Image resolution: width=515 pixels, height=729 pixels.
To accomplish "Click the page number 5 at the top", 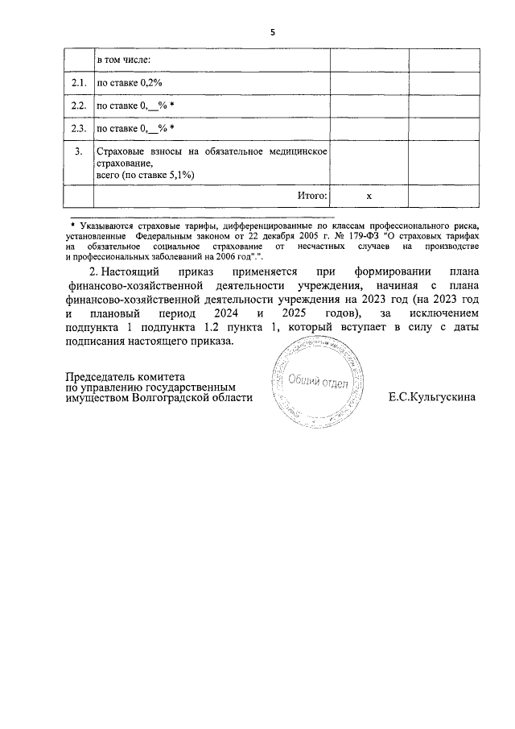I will click(x=272, y=32).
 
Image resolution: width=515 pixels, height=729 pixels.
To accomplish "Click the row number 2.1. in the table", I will click(x=79, y=83).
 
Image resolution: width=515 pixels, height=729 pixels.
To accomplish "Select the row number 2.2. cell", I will click(x=79, y=106).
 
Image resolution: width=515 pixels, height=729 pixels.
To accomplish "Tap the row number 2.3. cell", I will click(x=79, y=128).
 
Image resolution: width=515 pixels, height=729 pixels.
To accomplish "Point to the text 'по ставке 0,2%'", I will click(x=130, y=83).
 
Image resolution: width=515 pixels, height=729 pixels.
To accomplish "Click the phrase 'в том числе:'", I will click(x=124, y=60).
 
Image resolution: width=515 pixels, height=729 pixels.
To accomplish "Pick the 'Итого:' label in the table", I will click(x=310, y=195).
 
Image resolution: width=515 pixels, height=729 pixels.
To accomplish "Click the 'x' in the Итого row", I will click(x=369, y=196).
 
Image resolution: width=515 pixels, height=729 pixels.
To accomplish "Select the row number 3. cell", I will click(x=79, y=151).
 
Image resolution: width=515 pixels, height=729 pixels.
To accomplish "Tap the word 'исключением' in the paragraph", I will click(x=440, y=312).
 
